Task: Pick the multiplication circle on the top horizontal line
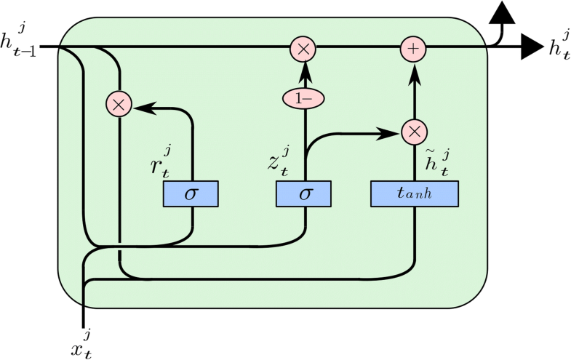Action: [303, 49]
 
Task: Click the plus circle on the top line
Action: [413, 49]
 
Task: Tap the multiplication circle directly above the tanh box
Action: [413, 132]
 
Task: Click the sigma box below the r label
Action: [191, 194]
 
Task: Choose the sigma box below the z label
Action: [303, 194]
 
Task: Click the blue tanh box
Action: [415, 194]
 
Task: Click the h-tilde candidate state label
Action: [436, 161]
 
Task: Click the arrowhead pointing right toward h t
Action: [532, 48]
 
